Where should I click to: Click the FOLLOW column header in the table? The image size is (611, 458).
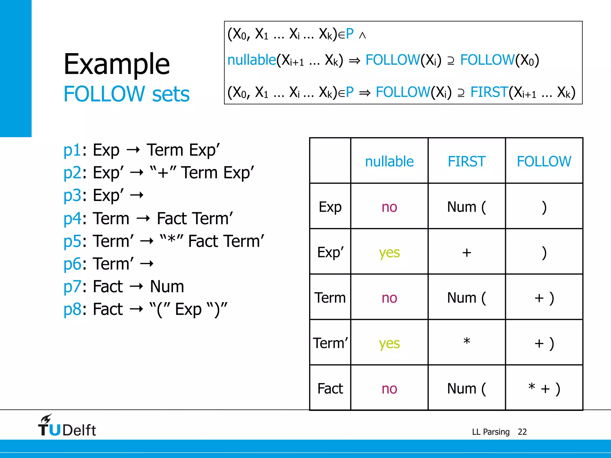[544, 161]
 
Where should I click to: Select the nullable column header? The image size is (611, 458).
[389, 161]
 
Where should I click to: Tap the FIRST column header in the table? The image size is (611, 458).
[467, 161]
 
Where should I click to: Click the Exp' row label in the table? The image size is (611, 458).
[330, 252]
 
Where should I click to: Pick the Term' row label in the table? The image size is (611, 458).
[330, 343]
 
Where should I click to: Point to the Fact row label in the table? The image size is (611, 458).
[330, 389]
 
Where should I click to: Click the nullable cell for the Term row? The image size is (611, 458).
[389, 298]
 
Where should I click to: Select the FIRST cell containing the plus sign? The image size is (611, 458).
[467, 253]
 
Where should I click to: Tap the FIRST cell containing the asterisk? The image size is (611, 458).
[467, 342]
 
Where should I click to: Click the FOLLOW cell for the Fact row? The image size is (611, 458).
[544, 389]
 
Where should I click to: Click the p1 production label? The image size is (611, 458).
[72, 150]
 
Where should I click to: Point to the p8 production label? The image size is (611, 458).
[72, 309]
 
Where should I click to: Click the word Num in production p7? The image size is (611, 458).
[167, 287]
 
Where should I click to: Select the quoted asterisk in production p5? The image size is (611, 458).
[171, 240]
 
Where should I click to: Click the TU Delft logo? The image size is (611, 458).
[67, 426]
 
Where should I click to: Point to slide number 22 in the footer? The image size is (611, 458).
[522, 432]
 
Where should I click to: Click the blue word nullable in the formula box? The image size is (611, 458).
[252, 60]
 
